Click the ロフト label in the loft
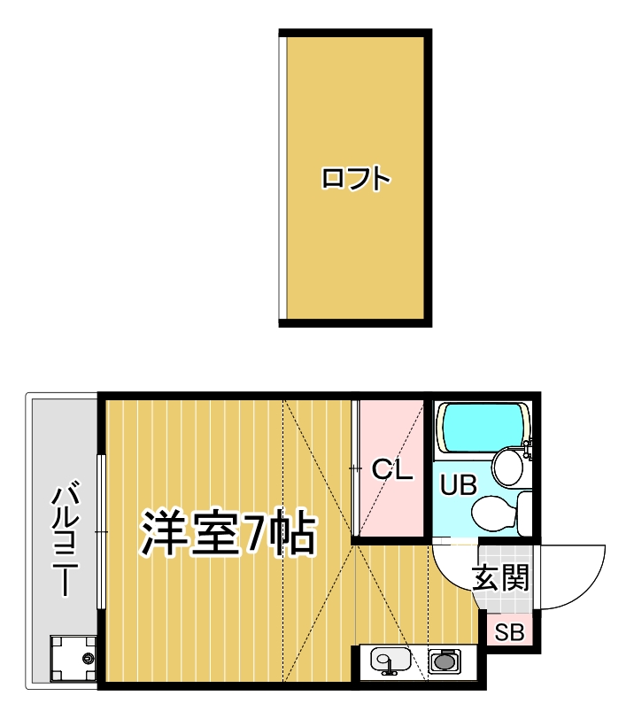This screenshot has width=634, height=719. pos(355,178)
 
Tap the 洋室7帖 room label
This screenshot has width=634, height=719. pos(227,531)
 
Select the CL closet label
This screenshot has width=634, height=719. pos(391,469)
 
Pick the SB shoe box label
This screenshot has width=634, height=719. pos(508,632)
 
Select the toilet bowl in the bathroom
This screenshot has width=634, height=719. pos(491,511)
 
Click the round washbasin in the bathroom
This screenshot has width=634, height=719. pos(507,465)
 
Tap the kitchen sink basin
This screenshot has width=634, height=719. pos(390,661)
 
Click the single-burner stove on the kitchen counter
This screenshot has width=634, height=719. pos(445,661)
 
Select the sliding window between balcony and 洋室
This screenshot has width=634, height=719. pos(102,531)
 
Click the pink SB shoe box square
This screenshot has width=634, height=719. pos(508,632)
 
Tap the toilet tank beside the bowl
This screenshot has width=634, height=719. pos(524,511)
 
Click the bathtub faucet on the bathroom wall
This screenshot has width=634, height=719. pos(528,447)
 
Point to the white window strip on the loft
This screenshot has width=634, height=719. pos(282,177)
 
